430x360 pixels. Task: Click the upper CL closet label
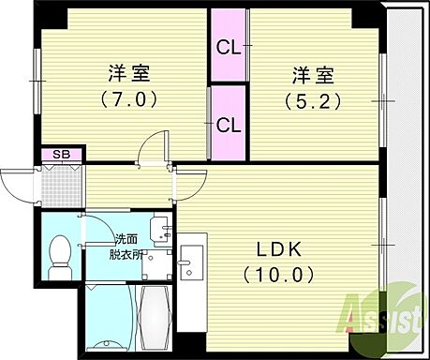[x=228, y=46]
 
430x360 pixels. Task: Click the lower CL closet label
[x=228, y=123]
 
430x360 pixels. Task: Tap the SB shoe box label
[x=61, y=154]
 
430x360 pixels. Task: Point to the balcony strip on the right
[x=406, y=169]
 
